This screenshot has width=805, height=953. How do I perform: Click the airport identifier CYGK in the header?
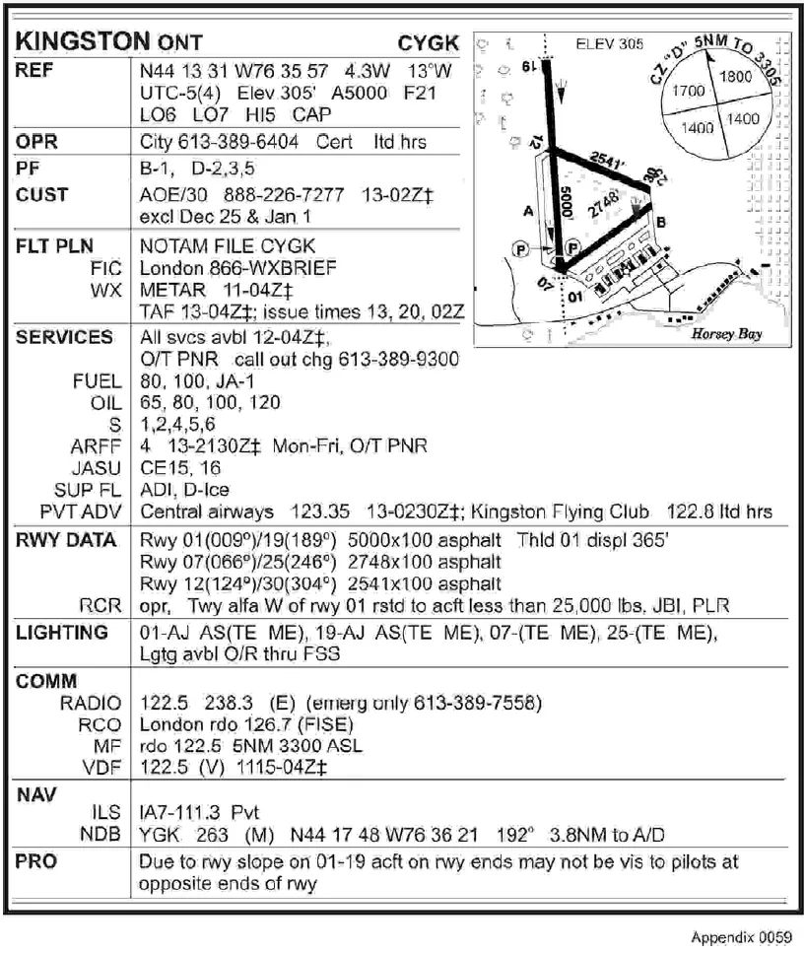[428, 43]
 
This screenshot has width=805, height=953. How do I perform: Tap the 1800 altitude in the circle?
[735, 77]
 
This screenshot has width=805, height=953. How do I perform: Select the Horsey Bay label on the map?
[726, 334]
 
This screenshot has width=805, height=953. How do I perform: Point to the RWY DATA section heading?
[65, 540]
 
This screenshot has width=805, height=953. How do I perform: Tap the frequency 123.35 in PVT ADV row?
[314, 512]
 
